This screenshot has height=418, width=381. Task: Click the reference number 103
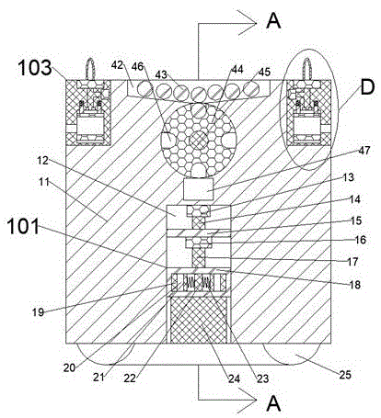[35, 68]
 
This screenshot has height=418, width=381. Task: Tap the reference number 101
[24, 227]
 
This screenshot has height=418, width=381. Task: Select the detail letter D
[367, 87]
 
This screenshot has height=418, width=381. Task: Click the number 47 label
[364, 151]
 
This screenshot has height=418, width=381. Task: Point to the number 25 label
[345, 375]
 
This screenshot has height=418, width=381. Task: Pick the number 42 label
[117, 65]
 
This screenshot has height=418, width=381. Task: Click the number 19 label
[39, 312]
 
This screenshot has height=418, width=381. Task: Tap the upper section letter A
[273, 21]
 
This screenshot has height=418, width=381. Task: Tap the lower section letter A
[273, 403]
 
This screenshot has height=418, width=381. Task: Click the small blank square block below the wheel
[198, 189]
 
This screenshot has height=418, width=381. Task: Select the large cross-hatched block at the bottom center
[199, 320]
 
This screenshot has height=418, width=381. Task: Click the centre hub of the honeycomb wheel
[198, 141]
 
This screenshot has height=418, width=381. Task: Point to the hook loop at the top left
[90, 69]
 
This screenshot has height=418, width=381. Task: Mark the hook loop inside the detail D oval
[307, 69]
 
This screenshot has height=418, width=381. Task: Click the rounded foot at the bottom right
[291, 354]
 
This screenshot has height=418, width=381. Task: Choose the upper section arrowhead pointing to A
[247, 23]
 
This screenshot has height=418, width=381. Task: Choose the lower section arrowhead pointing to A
[247, 400]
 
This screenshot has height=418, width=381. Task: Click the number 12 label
[43, 160]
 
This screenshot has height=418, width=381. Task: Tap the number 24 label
[234, 378]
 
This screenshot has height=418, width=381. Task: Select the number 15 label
[356, 220]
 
